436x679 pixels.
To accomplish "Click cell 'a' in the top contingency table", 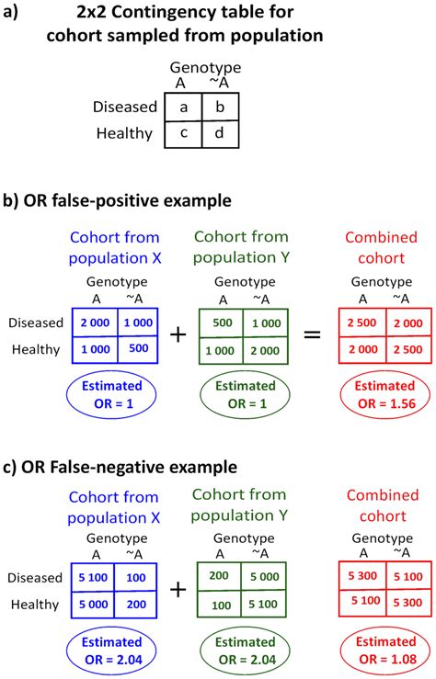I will click(x=183, y=108).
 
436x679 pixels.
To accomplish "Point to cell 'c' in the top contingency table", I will click(x=183, y=134).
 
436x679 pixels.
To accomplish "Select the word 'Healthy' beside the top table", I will click(x=123, y=134).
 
